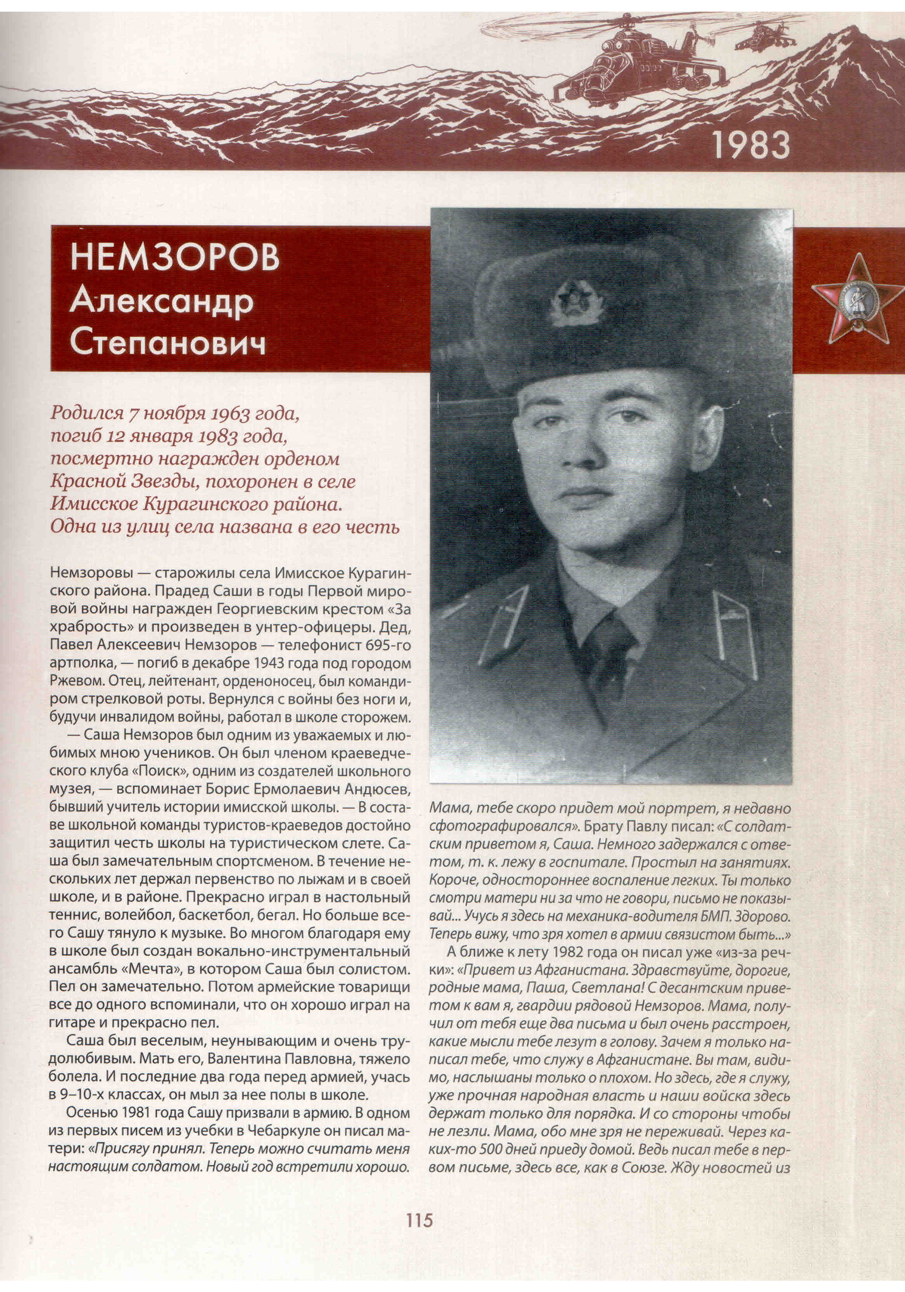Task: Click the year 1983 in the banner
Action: point(751,145)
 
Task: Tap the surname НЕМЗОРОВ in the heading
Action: point(174,258)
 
